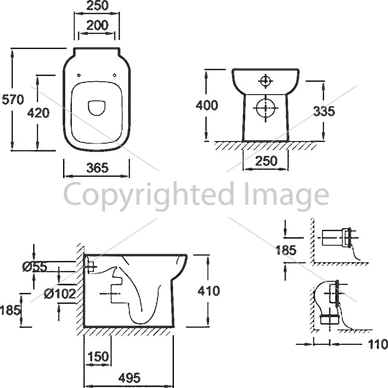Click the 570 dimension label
tap(13, 100)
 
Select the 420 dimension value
tap(38, 113)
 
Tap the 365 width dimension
tap(98, 168)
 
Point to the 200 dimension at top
tap(98, 25)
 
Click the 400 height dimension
tap(207, 105)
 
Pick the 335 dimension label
tap(324, 111)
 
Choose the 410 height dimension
tap(209, 291)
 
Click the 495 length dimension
tap(129, 378)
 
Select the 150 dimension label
tap(98, 356)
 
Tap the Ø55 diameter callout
tap(34, 267)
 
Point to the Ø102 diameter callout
tap(60, 294)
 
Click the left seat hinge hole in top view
tap(79, 75)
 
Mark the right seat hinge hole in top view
tap(115, 75)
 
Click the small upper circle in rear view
tap(265, 81)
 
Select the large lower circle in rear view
tap(266, 108)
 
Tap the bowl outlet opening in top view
tap(97, 108)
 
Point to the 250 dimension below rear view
tap(266, 161)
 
